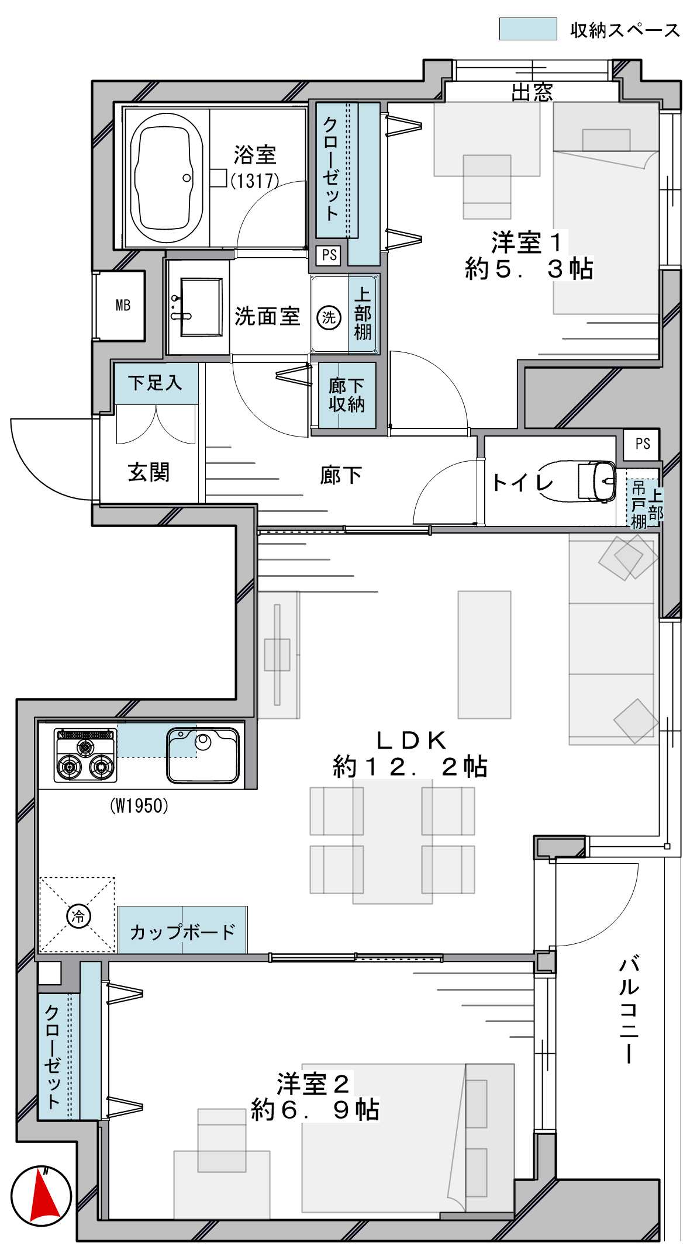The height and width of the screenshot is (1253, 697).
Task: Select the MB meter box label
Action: [123, 305]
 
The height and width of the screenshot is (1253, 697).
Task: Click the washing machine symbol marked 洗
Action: [329, 317]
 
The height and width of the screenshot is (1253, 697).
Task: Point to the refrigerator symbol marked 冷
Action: [78, 915]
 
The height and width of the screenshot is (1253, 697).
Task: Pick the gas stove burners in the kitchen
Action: [85, 755]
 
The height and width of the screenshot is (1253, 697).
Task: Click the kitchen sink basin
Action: [203, 755]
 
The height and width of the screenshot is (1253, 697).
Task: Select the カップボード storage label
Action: [182, 932]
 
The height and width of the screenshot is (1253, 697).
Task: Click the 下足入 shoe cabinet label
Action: [155, 383]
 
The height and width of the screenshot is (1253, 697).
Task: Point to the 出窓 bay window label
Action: [532, 92]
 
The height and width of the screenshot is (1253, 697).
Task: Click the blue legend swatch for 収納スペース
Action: [528, 29]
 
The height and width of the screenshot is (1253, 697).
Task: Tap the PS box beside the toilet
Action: [642, 444]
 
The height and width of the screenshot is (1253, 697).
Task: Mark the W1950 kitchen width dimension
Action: [139, 807]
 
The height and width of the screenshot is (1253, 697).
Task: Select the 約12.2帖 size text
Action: [410, 766]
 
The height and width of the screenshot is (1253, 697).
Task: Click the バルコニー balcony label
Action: [629, 1009]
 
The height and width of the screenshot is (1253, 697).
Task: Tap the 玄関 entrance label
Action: [149, 472]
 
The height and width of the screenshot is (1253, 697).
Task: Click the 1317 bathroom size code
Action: [255, 181]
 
